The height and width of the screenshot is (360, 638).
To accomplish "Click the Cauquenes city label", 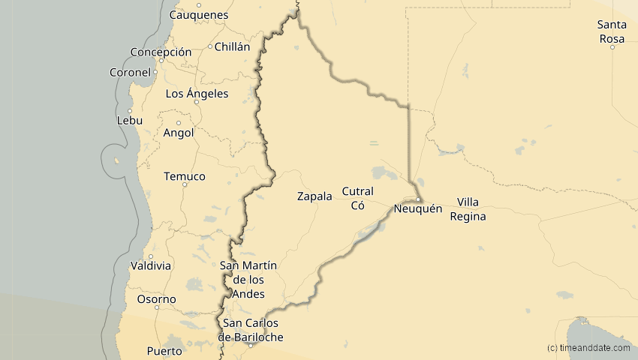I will tap(199, 15).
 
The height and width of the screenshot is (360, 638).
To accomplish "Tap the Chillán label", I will tap(232, 46).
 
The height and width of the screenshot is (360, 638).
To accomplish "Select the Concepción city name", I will tap(161, 52).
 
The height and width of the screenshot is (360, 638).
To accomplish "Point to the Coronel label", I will tap(131, 73).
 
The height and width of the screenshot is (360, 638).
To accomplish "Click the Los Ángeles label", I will tap(197, 94).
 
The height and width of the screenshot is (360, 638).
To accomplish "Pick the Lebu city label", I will tap(129, 121).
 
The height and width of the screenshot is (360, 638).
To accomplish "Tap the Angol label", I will tap(179, 133).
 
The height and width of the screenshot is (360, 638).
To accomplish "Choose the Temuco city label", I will tap(185, 176).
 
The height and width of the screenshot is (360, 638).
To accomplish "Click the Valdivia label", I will tap(151, 265).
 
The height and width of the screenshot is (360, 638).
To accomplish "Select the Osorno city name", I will tap(156, 299).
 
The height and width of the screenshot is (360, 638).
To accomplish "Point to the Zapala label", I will tap(314, 196).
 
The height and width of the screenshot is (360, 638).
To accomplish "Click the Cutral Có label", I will tap(357, 198).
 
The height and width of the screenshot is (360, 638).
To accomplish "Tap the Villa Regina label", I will tap(468, 209).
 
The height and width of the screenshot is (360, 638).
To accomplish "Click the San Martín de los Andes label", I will tap(248, 280).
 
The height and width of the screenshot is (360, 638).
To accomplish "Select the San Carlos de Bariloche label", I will tap(251, 330).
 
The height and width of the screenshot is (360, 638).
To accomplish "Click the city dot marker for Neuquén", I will tap(418, 199).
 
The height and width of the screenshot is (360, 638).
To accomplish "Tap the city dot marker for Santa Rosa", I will tap(612, 47).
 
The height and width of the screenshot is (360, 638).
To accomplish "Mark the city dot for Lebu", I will tap(130, 111).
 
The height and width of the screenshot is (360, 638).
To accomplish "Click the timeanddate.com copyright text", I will tap(588, 347).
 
